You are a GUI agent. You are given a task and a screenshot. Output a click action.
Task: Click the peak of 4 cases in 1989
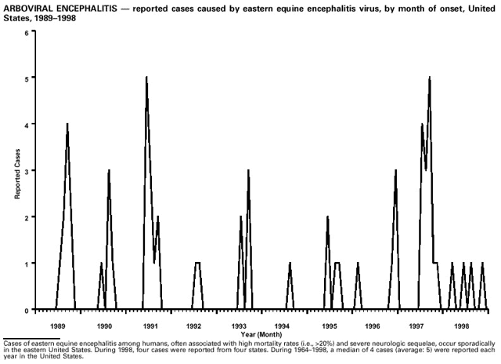(x=67, y=124)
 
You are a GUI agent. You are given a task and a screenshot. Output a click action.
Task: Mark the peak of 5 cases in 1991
(x=146, y=77)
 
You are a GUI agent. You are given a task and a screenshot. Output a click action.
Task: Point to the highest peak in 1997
(x=429, y=77)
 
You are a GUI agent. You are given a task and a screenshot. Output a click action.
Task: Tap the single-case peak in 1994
(x=290, y=263)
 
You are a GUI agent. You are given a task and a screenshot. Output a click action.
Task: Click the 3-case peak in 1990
(x=109, y=170)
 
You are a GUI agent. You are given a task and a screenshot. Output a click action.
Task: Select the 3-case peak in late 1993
(x=248, y=170)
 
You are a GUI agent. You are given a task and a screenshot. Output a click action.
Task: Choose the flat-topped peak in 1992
(x=197, y=263)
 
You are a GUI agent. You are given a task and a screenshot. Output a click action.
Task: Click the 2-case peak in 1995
(x=327, y=217)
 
